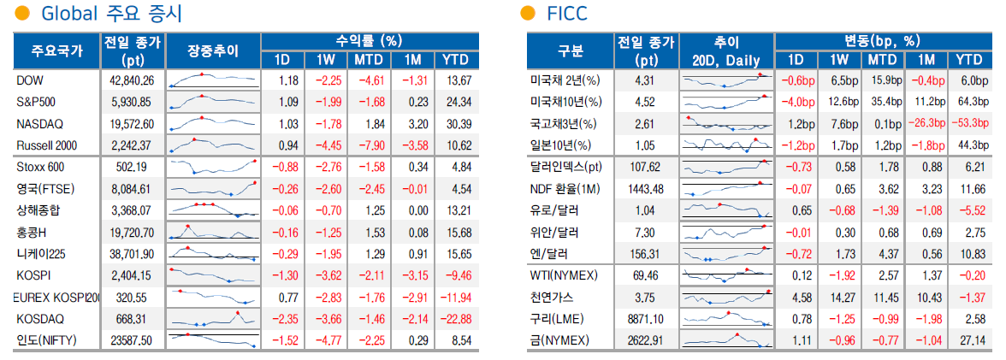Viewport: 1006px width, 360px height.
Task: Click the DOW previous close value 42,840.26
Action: [x=133, y=80]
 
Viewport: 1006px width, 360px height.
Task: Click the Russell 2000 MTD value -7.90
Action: [x=370, y=145]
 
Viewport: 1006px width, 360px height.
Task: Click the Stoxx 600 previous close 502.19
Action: [x=132, y=167]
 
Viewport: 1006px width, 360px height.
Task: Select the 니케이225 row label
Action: [x=40, y=253]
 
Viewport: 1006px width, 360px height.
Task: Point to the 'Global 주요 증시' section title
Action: [x=111, y=15]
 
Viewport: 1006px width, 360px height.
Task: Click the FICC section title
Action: [x=566, y=15]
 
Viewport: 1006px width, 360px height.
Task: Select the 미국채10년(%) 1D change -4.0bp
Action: [x=796, y=102]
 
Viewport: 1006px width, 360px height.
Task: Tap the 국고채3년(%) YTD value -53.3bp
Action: [x=968, y=123]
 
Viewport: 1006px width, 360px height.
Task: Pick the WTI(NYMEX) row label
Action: [x=564, y=274]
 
